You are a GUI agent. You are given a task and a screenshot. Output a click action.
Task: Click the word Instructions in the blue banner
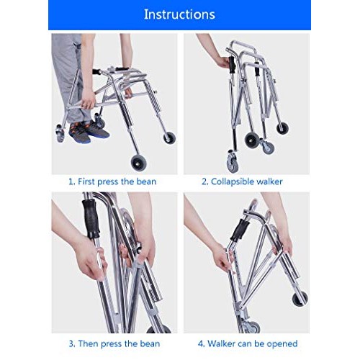tap(179, 14)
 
